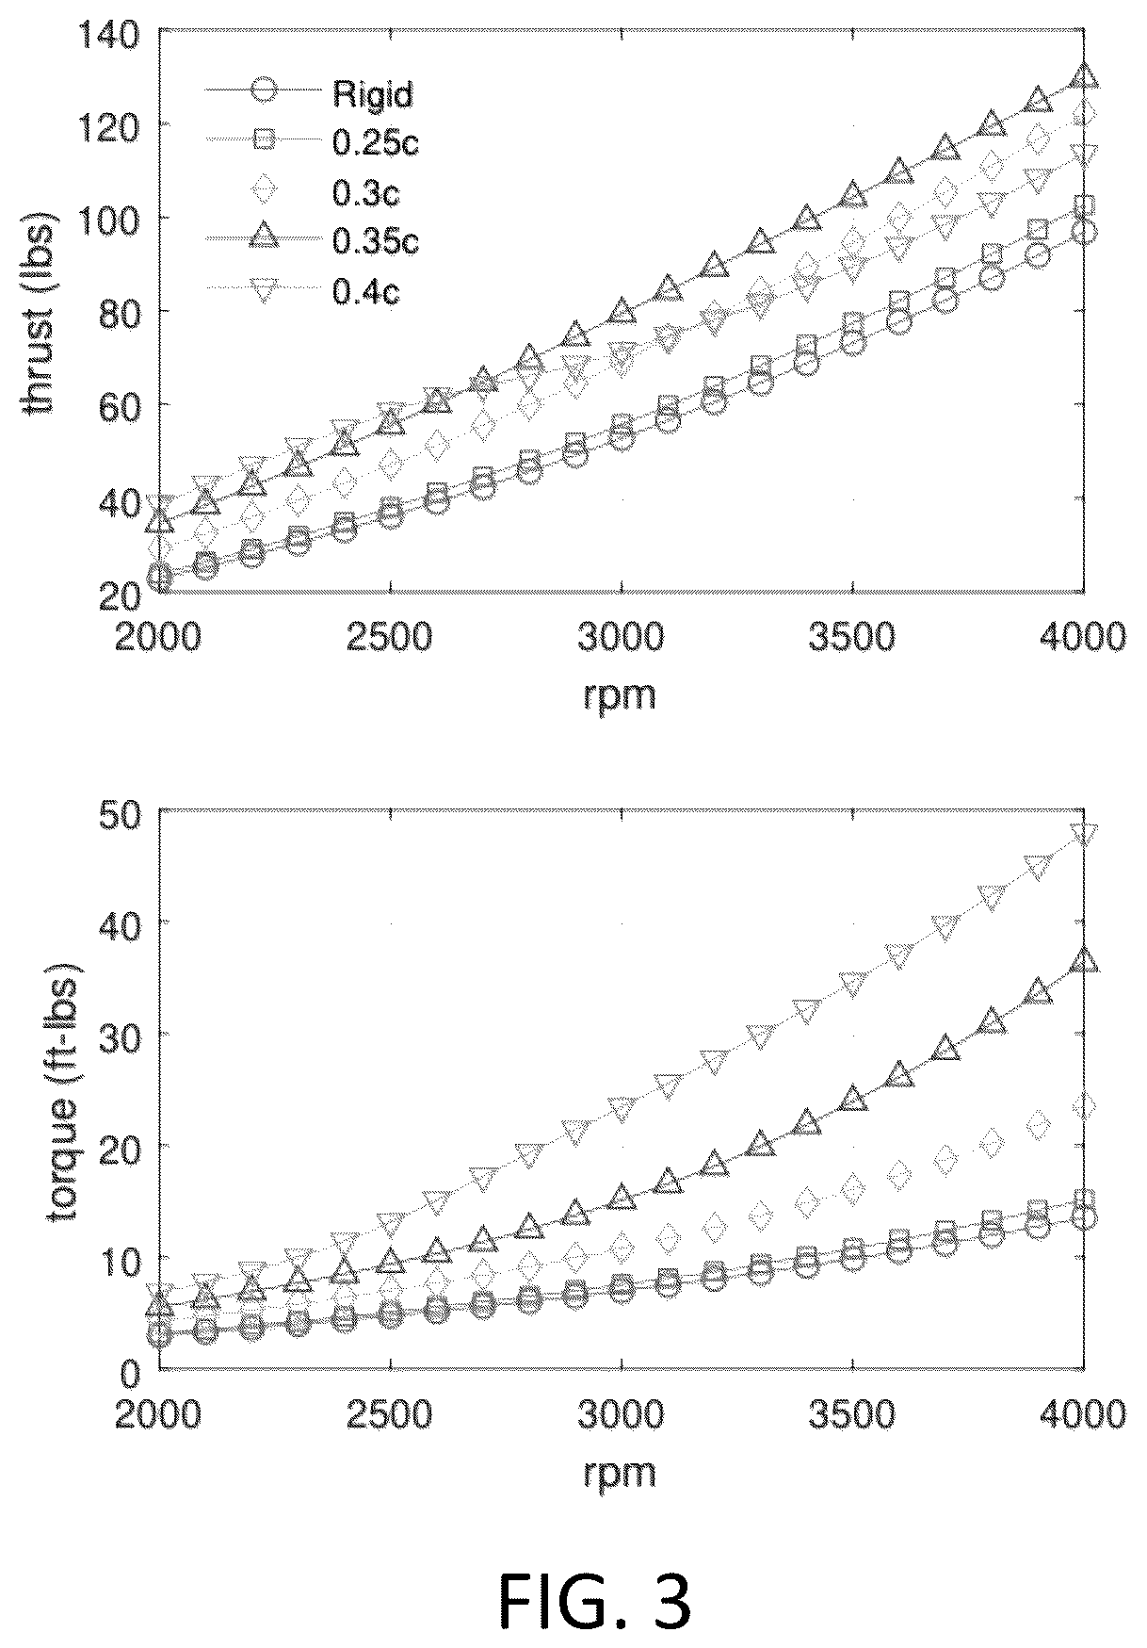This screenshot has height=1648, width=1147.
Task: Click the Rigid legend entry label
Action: point(372,93)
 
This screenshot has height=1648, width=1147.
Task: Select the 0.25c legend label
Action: point(375,140)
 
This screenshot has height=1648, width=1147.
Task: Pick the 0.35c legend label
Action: point(375,242)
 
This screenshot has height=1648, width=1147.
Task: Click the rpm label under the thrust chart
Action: point(620,696)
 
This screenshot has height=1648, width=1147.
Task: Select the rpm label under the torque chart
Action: point(620,1471)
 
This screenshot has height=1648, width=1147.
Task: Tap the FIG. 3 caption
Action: point(594,1602)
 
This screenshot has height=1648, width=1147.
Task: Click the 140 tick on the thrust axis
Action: point(111,35)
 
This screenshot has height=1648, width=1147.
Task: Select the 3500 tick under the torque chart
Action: point(851,1415)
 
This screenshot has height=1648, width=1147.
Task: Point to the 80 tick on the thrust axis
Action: point(121,312)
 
